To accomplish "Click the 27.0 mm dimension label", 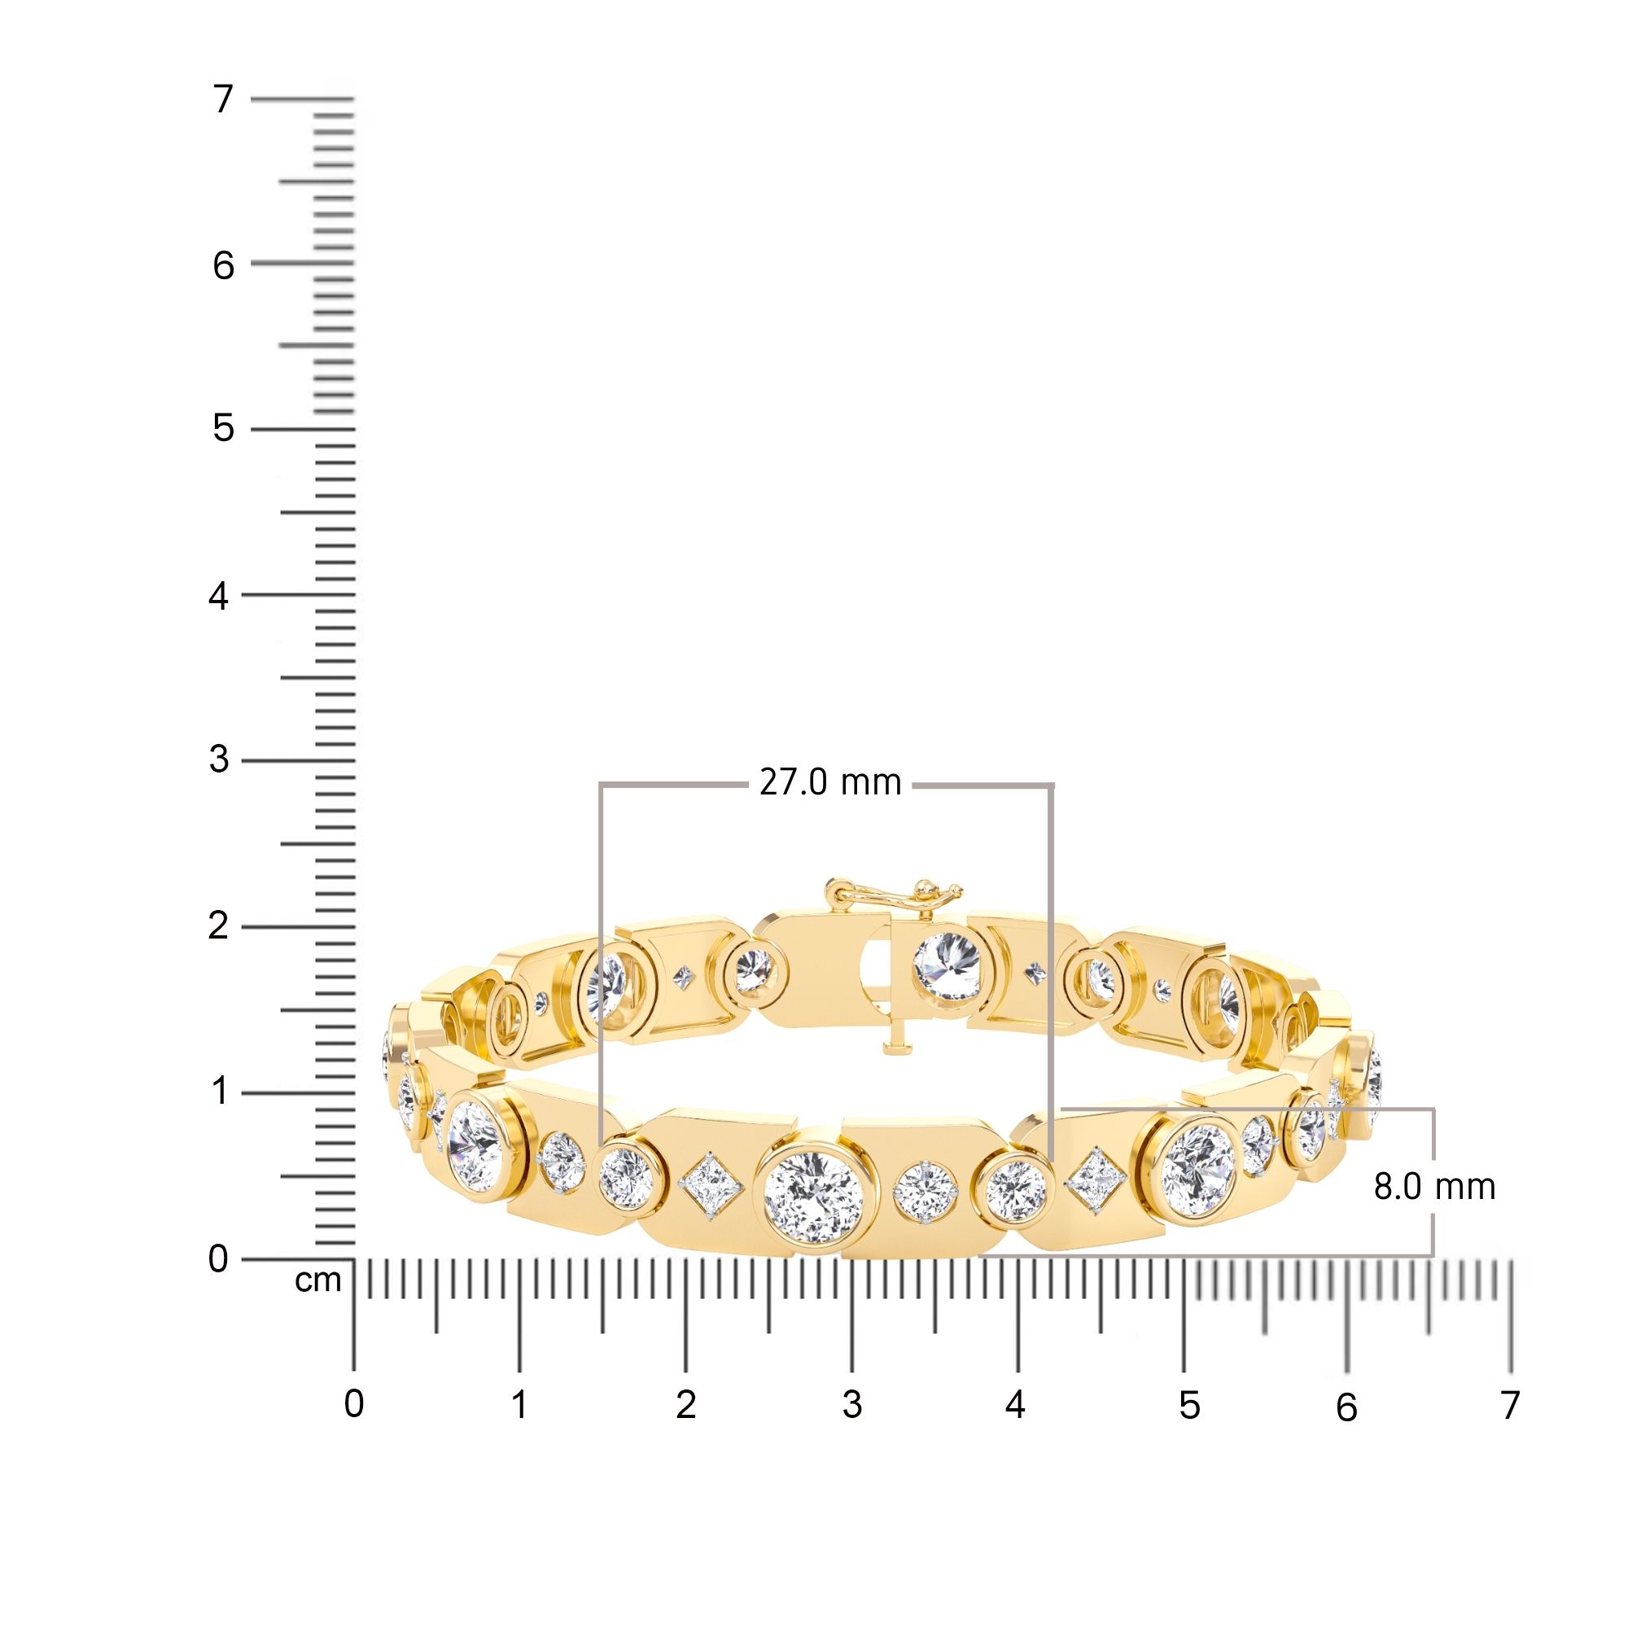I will (830, 783).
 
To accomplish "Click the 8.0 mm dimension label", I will (1434, 1187).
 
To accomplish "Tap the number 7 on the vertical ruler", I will (222, 100).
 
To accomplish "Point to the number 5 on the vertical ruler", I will (222, 429).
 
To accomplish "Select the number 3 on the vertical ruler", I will (219, 760).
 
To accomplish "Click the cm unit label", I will (317, 1280).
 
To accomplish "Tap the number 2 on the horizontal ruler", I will (686, 1405).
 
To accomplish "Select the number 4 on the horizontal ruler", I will (1015, 1405).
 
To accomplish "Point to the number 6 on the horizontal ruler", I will (1346, 1407).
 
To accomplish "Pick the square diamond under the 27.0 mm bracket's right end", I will (1096, 1181).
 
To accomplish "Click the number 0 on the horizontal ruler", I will (354, 1405).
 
